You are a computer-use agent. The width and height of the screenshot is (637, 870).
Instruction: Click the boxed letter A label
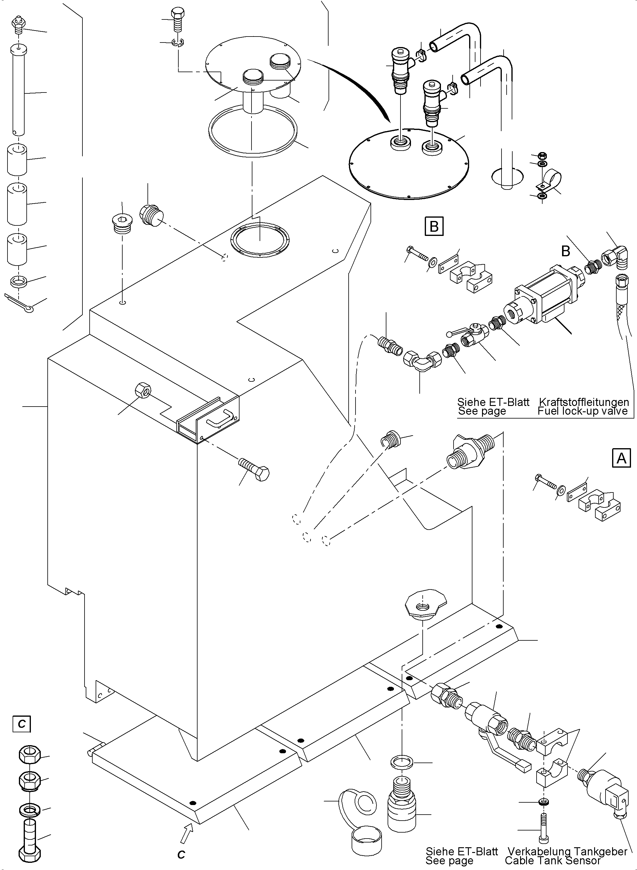click(621, 458)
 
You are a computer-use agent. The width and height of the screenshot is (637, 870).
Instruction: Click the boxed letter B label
click(434, 226)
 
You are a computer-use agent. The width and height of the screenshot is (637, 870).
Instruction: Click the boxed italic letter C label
click(22, 724)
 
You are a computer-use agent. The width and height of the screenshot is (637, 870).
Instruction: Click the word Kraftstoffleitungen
click(584, 402)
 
